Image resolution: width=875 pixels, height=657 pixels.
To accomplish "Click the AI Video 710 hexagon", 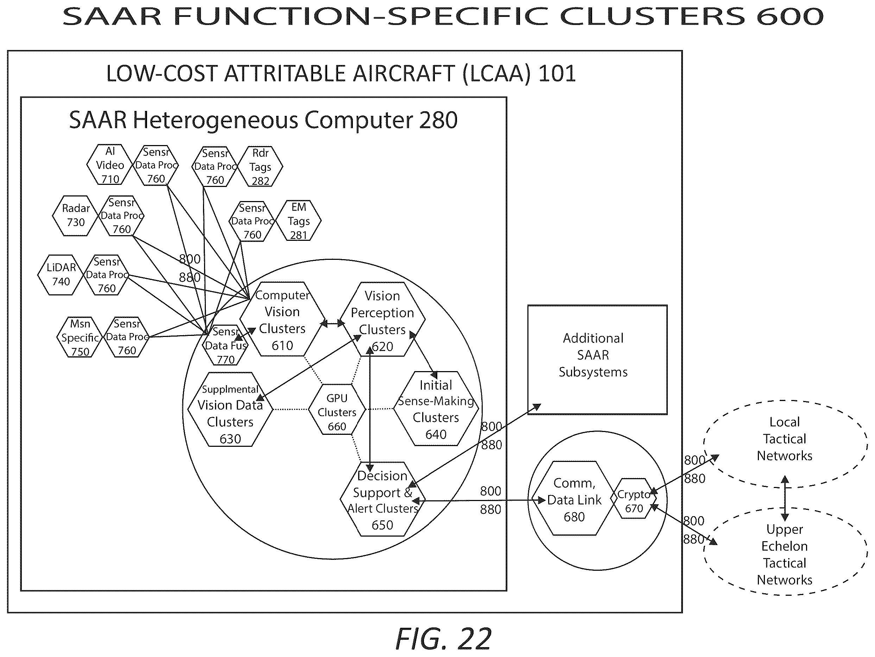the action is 109,165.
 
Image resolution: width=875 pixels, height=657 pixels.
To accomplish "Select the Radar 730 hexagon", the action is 75,216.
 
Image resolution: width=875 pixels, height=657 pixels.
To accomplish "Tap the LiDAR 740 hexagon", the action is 61,275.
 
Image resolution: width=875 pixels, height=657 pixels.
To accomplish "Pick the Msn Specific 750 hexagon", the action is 80,337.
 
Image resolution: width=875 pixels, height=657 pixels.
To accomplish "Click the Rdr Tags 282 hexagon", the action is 260,167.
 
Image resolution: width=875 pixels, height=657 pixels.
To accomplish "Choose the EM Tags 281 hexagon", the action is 298,221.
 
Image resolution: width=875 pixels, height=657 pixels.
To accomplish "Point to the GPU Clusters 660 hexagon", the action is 337,409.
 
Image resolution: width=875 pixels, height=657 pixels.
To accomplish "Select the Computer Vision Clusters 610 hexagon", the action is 282,319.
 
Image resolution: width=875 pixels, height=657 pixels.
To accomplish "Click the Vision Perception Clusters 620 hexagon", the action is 382,319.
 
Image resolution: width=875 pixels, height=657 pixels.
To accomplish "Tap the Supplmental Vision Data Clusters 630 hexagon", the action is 230,409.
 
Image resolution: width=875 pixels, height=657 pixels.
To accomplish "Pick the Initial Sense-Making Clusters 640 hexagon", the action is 436,408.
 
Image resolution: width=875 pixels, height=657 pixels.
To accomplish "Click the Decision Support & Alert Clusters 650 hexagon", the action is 382,499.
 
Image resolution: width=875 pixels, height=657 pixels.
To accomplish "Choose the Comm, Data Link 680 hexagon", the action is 573,498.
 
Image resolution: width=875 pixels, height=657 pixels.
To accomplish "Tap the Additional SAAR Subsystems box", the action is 597,360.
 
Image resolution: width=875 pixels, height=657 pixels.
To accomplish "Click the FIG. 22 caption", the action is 443,638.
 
